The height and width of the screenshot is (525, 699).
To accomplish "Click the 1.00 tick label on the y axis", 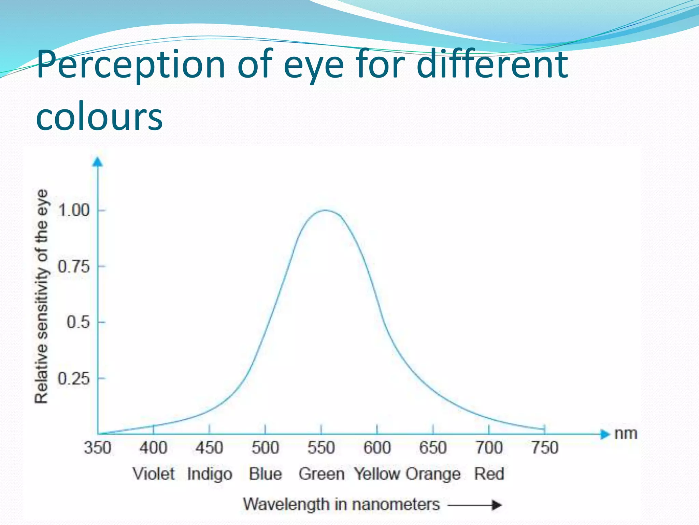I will click(x=74, y=210).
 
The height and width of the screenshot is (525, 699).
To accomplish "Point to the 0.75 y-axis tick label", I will click(x=74, y=267).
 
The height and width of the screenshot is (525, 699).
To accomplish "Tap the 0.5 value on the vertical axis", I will click(x=78, y=322).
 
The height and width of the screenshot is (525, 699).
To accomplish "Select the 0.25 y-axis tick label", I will click(x=74, y=379).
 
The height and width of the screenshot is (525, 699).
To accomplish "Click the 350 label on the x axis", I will click(x=98, y=448).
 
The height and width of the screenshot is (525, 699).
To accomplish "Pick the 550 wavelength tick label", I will click(x=321, y=448).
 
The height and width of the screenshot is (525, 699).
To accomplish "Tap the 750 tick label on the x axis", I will click(x=545, y=448).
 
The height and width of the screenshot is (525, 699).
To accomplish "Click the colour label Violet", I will click(x=154, y=474).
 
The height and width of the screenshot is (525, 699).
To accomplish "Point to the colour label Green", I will click(x=322, y=474).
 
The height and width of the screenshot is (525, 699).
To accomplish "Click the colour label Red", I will click(x=489, y=474).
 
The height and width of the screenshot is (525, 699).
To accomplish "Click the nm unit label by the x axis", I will click(x=626, y=434).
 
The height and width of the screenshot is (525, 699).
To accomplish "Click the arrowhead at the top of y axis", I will click(x=98, y=162).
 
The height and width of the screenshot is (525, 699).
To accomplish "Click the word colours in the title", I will click(x=99, y=117).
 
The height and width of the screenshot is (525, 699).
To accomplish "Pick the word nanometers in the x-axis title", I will click(x=396, y=504).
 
